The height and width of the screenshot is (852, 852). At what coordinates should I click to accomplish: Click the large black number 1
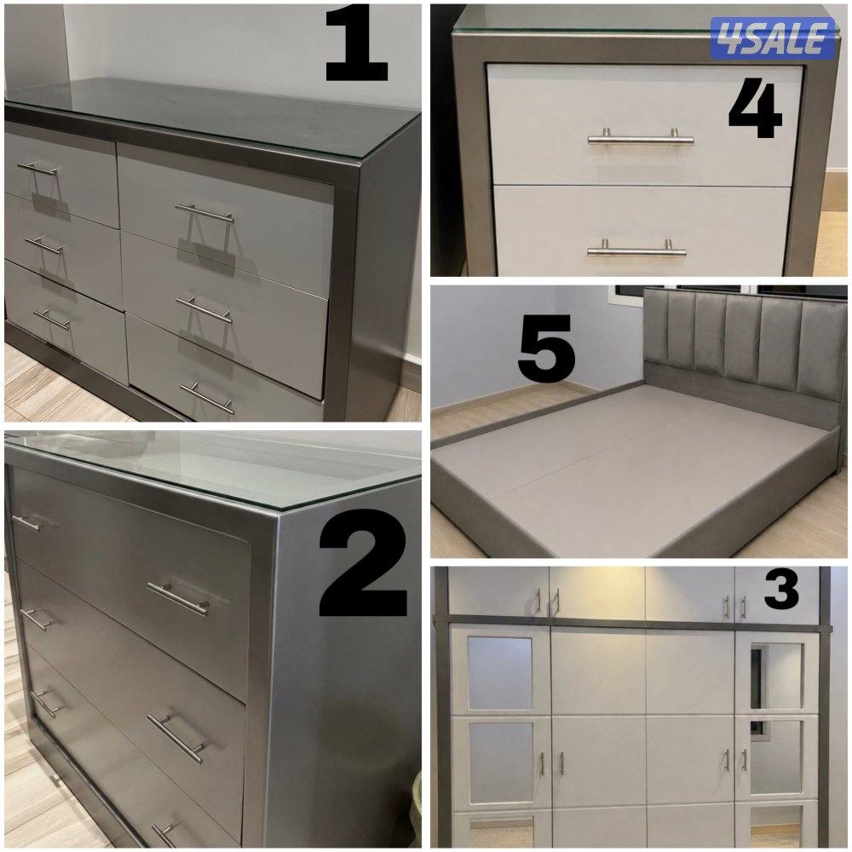(x=356, y=43)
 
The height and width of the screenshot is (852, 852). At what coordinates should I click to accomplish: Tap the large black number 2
(x=363, y=562)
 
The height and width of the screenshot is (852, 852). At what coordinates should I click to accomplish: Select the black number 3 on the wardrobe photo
(x=781, y=589)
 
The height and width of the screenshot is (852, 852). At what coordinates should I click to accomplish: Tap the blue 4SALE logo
(x=773, y=37)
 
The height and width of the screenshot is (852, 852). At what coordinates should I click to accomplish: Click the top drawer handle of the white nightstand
(x=640, y=137)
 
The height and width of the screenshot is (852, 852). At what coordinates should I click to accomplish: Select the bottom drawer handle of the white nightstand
(x=636, y=249)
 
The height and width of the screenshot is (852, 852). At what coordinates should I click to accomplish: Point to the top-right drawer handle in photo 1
(x=204, y=213)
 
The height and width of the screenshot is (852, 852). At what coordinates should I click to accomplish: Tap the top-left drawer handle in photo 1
(x=37, y=168)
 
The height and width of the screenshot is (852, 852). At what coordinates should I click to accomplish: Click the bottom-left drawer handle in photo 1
(x=52, y=319)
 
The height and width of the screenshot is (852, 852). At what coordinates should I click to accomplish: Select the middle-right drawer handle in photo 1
(x=204, y=309)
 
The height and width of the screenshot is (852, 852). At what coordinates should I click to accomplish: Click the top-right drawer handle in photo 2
(x=178, y=599)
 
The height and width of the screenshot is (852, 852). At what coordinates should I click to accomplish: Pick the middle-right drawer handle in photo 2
(x=176, y=738)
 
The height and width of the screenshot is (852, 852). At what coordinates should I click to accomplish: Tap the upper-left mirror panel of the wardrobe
(x=500, y=673)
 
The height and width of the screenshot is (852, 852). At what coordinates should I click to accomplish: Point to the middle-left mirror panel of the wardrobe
(x=501, y=756)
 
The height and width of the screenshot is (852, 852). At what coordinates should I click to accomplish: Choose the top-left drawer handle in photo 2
(x=26, y=523)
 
